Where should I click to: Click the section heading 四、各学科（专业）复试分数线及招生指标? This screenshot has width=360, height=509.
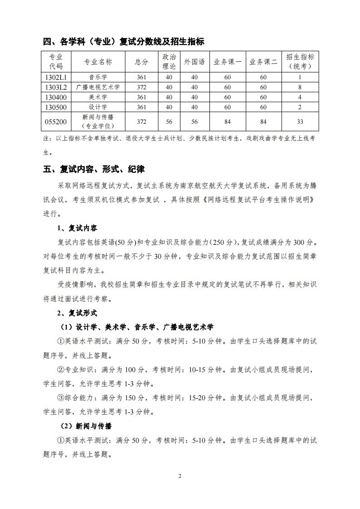tap(123, 42)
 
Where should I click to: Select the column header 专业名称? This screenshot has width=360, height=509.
tap(98, 62)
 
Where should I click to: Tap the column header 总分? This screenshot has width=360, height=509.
tap(141, 62)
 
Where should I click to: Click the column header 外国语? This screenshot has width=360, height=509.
tap(195, 62)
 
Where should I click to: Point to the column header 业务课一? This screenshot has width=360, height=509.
tap(227, 62)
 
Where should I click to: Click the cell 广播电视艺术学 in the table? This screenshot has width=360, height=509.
tap(98, 87)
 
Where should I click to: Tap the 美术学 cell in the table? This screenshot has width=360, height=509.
tap(98, 97)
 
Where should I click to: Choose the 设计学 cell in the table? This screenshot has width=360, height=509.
tap(98, 107)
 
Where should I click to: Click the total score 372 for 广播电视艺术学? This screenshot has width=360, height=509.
tap(141, 87)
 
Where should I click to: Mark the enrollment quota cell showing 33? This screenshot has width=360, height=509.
tap(300, 121)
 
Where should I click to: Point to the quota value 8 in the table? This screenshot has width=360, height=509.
tap(300, 87)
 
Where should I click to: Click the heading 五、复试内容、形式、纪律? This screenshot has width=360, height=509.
tap(94, 169)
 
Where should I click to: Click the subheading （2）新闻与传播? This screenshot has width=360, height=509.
tap(87, 426)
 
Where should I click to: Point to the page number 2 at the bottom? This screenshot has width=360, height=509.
tap(180, 476)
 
